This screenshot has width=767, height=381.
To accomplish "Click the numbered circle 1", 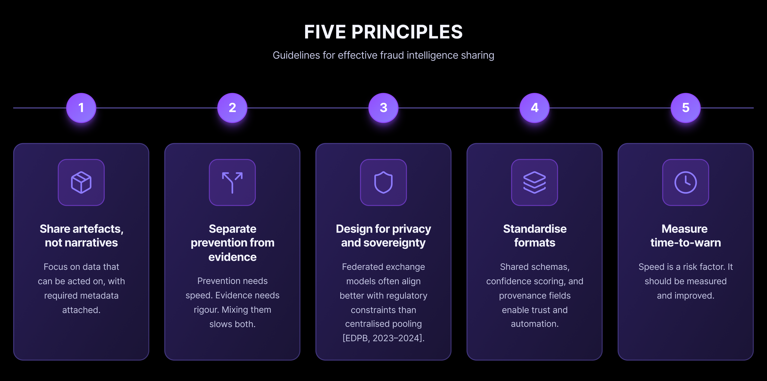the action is [81, 108].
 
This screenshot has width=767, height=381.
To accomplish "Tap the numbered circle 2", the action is [232, 108].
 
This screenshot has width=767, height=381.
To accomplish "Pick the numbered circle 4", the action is [534, 108].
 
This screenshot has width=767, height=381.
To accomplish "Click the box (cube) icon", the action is [81, 182].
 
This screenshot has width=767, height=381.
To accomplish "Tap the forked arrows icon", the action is [232, 182].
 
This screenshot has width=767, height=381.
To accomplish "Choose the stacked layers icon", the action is [534, 182].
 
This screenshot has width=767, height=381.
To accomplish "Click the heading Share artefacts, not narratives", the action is [81, 236].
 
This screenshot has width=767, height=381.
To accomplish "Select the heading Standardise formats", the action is [535, 236].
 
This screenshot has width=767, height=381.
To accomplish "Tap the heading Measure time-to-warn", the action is [685, 236].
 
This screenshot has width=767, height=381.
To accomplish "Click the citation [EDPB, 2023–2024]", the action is [384, 338].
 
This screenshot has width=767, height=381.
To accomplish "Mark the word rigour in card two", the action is [206, 310].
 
